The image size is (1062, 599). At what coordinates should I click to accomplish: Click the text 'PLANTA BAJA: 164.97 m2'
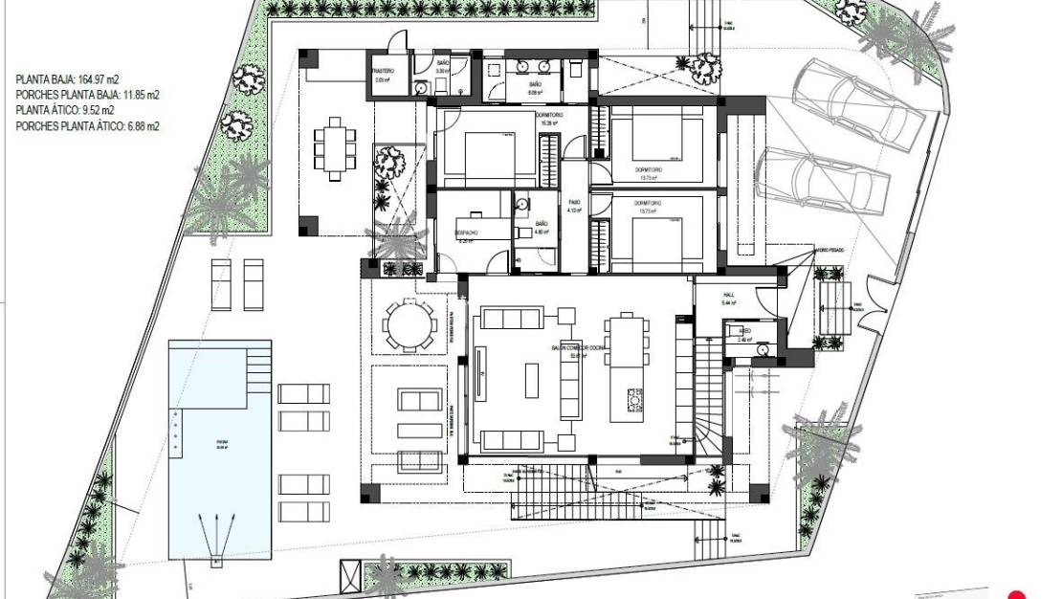67,80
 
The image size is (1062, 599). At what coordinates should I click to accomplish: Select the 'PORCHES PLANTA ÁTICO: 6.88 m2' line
87,126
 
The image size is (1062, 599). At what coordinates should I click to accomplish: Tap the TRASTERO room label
383,72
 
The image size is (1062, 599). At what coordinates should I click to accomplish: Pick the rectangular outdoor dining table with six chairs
335,147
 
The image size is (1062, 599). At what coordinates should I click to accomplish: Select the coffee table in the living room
532,380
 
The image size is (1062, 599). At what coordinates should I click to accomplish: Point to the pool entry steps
258,367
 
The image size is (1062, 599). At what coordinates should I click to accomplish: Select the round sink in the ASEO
762,349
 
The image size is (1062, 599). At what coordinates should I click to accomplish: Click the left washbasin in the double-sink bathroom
522,68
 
